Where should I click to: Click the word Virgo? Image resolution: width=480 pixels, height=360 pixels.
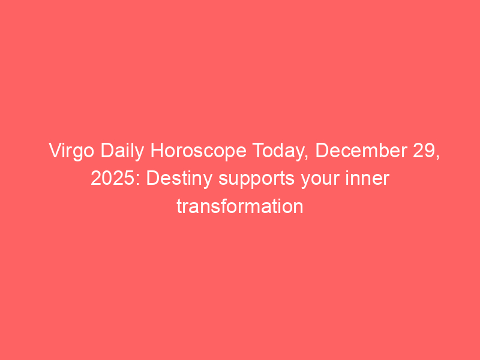[71, 151]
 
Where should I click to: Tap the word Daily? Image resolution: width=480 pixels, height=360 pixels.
[122, 151]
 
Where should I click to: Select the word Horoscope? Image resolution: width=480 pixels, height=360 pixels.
[199, 151]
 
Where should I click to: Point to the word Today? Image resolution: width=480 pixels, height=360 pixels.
[280, 152]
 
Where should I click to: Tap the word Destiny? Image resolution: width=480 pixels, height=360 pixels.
[179, 179]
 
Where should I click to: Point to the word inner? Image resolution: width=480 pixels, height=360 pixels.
[367, 178]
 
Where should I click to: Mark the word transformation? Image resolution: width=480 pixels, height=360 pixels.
[240, 206]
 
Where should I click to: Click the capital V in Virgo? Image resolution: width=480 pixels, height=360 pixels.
[55, 151]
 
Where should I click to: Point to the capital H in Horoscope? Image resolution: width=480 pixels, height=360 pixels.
[157, 151]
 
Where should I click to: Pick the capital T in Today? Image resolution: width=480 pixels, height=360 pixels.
[259, 151]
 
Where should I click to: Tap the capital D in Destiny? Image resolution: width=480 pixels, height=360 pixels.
[154, 178]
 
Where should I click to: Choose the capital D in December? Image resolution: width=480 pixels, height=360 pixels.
[322, 151]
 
